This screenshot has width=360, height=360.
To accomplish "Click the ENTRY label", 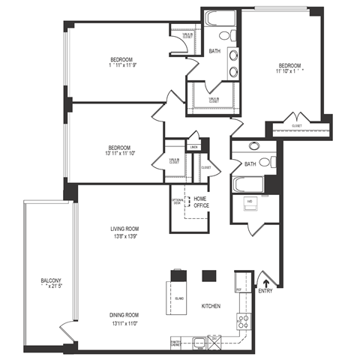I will point(266,290).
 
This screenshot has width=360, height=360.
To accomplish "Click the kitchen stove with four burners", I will point(243,322).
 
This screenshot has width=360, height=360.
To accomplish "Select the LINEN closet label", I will point(193,148).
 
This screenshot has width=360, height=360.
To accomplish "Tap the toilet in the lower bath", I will point(273,161).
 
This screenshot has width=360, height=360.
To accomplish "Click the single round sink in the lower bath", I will point(253,147).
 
